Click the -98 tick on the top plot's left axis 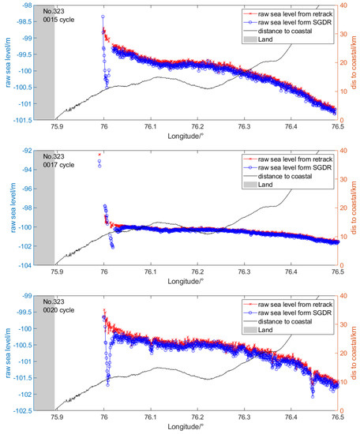click(24, 6)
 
